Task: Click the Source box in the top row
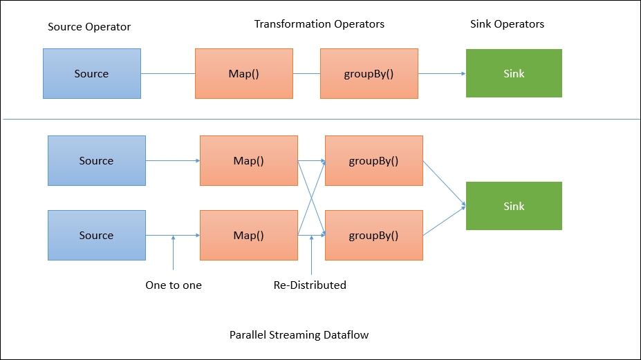pos(92,73)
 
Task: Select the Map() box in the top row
pos(243,73)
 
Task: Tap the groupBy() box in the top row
pos(369,73)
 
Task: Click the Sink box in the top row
pos(514,73)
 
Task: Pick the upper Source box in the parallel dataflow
pos(96,160)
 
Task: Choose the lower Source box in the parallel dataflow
pos(96,235)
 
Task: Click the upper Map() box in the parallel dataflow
pos(248,160)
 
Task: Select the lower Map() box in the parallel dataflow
pos(248,235)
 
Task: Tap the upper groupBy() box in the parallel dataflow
pos(373,160)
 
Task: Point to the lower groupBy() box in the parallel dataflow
pos(373,235)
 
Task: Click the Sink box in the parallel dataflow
pos(514,206)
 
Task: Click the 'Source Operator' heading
pos(89,27)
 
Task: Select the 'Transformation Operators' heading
pos(319,24)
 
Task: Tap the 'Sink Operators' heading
pos(507,24)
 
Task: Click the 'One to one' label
pos(174,285)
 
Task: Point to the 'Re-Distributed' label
pos(310,285)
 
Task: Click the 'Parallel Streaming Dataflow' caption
pos(299,335)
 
